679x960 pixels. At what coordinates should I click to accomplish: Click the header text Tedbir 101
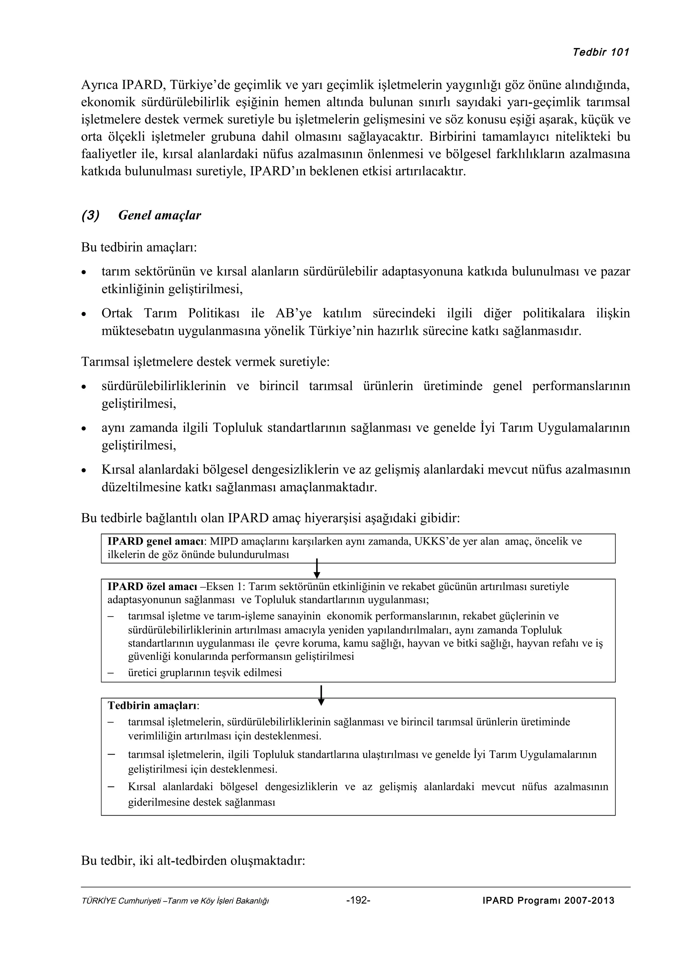600,52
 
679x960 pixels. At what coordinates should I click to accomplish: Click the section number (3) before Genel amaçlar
91,215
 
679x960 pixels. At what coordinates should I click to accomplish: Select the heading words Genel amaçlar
159,215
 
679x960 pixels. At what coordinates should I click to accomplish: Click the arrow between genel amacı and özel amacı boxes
317,569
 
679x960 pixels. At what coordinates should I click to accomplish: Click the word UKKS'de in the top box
435,542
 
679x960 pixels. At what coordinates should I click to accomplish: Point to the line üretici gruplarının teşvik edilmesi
205,673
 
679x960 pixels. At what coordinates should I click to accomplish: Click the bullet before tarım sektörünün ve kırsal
85,273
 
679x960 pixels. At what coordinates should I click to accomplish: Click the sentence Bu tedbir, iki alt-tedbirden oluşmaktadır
193,861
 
